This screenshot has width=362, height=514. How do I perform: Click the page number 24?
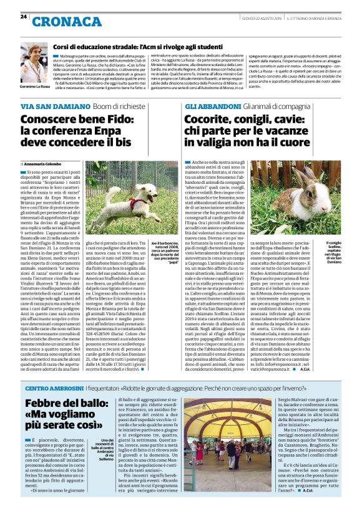coord(24,16)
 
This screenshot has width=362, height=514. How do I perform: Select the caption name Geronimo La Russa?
coord(34,86)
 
